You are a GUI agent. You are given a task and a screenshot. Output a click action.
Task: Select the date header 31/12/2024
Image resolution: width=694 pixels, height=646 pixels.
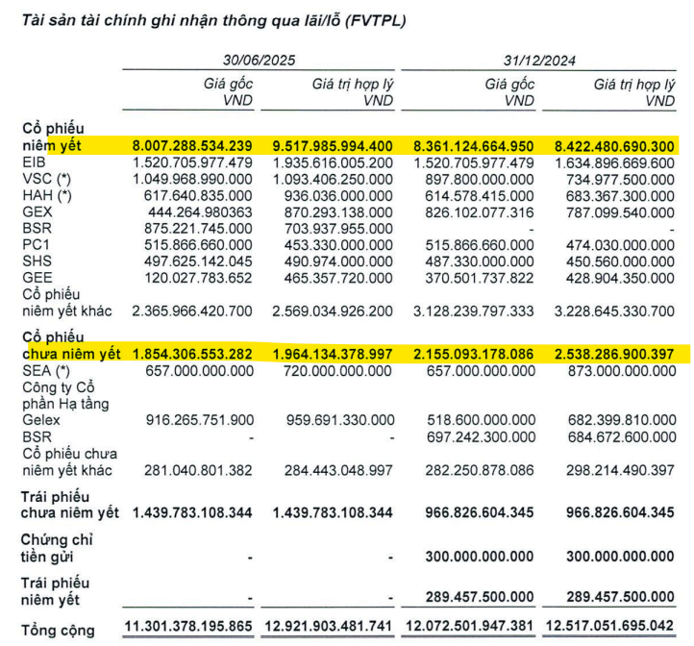point(538,59)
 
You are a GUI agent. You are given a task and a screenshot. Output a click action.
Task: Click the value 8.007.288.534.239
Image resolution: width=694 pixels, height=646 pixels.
point(192,147)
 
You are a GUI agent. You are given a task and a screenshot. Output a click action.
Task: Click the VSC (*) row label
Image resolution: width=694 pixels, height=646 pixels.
point(45,180)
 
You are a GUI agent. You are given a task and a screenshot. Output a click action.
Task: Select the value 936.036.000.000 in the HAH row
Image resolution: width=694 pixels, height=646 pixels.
point(333,195)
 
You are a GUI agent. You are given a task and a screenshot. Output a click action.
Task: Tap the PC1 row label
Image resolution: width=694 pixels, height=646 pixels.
point(35,244)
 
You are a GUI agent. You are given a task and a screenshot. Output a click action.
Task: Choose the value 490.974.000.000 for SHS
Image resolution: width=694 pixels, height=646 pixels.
point(333,261)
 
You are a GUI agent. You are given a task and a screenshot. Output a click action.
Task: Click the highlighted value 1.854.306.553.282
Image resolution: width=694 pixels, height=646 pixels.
point(192,354)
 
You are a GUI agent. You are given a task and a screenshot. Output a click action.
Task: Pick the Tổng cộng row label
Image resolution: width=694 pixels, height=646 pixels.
point(58,630)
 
